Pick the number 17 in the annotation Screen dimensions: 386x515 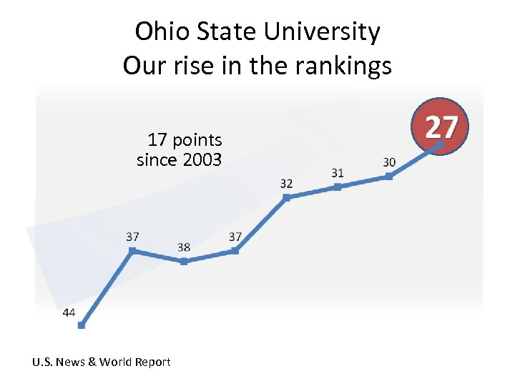click(157, 139)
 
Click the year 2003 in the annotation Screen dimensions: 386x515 click(202, 159)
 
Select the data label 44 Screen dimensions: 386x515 click(69, 312)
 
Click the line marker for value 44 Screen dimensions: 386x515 click(81, 325)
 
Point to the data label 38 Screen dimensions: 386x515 click(184, 247)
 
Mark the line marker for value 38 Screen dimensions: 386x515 click(184, 262)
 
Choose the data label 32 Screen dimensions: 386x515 click(286, 184)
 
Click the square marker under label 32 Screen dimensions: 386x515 click(286, 197)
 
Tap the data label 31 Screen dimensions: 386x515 click(338, 173)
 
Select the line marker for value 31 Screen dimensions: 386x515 click(338, 187)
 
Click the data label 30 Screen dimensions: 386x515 click(389, 162)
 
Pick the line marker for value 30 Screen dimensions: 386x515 click(389, 176)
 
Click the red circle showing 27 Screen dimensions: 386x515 click(441, 127)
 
